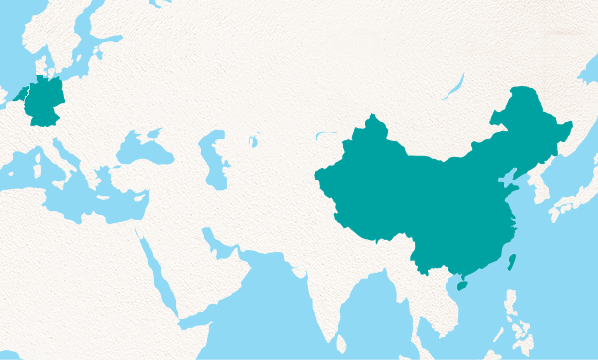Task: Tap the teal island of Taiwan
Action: click(512, 262)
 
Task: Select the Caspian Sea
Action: click(214, 160)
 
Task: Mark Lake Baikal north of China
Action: click(454, 88)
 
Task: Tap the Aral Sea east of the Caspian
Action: click(253, 141)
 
